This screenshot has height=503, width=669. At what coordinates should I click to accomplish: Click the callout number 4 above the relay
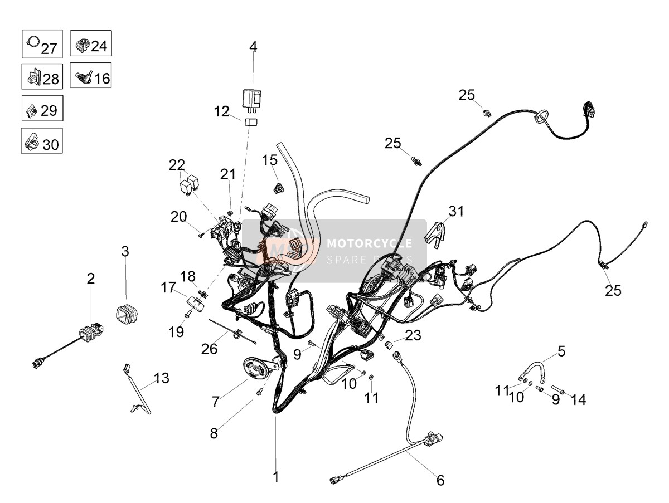click(253, 47)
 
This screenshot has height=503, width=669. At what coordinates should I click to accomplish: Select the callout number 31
click(456, 211)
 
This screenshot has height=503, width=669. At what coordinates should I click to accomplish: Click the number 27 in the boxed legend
click(49, 48)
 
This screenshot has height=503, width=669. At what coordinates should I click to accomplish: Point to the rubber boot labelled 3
click(127, 312)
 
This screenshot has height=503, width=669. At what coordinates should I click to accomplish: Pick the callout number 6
click(440, 481)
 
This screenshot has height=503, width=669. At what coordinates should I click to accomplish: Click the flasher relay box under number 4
click(251, 98)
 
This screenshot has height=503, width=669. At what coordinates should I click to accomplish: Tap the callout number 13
click(161, 378)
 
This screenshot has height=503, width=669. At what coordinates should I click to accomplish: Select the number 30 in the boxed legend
click(51, 145)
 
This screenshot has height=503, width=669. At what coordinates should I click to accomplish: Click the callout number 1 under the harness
click(275, 477)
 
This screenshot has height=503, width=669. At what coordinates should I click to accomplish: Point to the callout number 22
click(177, 165)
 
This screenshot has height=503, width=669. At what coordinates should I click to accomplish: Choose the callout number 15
click(270, 160)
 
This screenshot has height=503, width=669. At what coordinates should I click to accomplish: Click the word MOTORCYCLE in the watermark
click(370, 243)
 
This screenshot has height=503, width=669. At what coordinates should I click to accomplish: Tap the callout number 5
click(561, 351)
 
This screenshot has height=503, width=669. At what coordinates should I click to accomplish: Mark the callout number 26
click(210, 349)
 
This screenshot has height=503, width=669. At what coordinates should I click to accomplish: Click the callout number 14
click(578, 400)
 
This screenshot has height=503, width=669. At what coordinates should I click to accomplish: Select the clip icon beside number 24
click(82, 46)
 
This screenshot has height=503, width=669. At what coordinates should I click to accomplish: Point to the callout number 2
click(91, 279)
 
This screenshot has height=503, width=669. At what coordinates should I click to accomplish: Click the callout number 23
click(413, 335)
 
